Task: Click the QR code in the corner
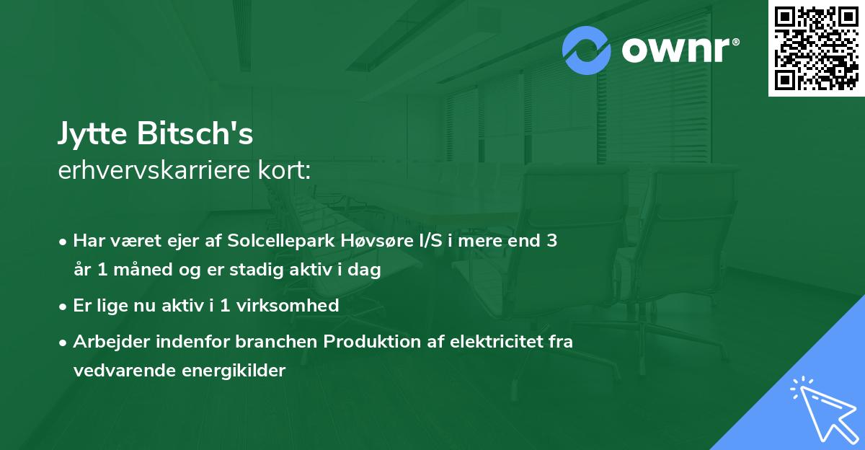pyautogui.click(x=817, y=48)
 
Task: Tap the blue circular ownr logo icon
pyautogui.click(x=587, y=50)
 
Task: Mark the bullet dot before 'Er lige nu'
pyautogui.click(x=64, y=306)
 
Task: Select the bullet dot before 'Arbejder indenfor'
pyautogui.click(x=64, y=342)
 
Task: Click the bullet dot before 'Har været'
pyautogui.click(x=64, y=242)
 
